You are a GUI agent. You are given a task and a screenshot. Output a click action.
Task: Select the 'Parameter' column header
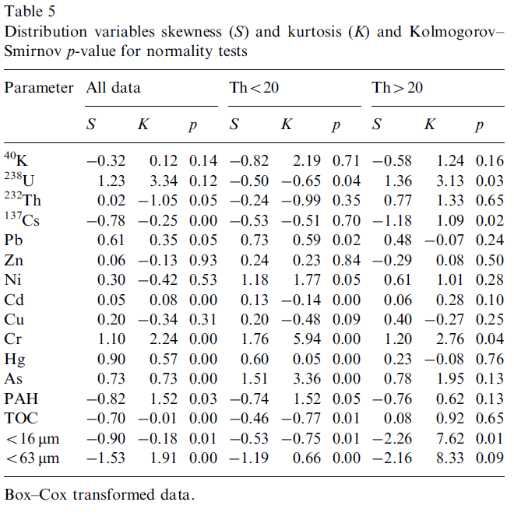pos(39,87)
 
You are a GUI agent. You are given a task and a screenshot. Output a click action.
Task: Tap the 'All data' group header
pos(114,87)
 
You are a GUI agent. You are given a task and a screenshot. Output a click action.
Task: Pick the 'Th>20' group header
pos(398,87)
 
